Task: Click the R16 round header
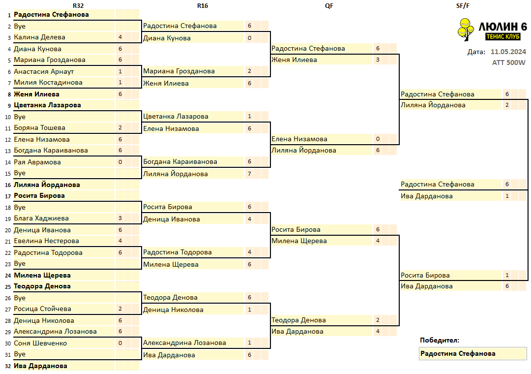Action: pos(203,6)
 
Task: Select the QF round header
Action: pos(329,6)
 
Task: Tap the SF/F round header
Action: pos(463,6)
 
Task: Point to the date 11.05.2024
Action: pos(508,52)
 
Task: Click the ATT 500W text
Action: pos(509,62)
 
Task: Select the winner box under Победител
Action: pos(473,354)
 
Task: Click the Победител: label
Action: pos(440,341)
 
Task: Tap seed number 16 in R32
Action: pos(8,185)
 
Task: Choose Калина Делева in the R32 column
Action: pos(40,37)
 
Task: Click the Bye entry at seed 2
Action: pos(20,27)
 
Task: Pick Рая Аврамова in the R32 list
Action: pos(37,162)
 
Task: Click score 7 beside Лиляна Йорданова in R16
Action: pos(250,174)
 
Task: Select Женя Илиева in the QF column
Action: pos(295,60)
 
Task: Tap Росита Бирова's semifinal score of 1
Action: pos(507,275)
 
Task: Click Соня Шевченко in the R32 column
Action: pos(40,343)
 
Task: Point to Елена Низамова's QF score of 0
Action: pos(378,139)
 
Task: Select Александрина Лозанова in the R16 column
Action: pos(184,343)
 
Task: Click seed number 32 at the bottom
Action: pos(8,366)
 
